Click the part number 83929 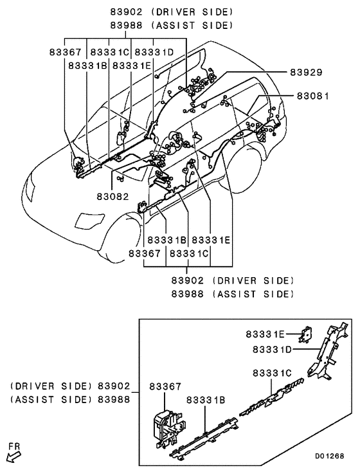pyautogui.click(x=305, y=73)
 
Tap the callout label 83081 pyautogui.click(x=312, y=96)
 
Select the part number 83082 pyautogui.click(x=113, y=196)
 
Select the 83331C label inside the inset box pyautogui.click(x=273, y=373)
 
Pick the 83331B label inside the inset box pyautogui.click(x=206, y=399)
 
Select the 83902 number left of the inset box pyautogui.click(x=114, y=386)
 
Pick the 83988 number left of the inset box pyautogui.click(x=114, y=399)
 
